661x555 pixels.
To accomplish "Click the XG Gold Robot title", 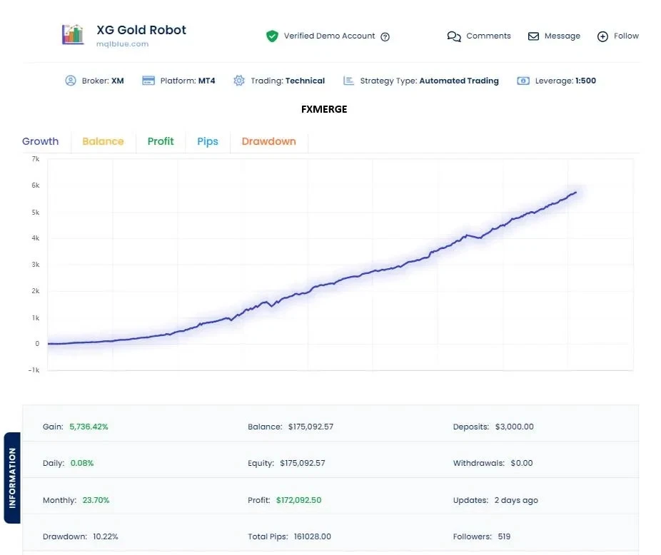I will pyautogui.click(x=141, y=30).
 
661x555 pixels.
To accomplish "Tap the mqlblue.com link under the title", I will pyautogui.click(x=122, y=44).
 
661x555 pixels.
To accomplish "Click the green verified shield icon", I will pyautogui.click(x=272, y=36).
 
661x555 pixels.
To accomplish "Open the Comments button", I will pyautogui.click(x=479, y=36).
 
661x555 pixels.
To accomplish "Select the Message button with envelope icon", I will pyautogui.click(x=554, y=36).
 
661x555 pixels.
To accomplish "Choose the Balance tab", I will pyautogui.click(x=103, y=141).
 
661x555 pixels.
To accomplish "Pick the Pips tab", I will pyautogui.click(x=208, y=141).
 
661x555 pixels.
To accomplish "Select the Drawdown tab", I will pyautogui.click(x=268, y=141).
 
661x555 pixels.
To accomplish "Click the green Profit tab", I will pyautogui.click(x=161, y=141).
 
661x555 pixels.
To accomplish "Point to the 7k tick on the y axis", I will pyautogui.click(x=35, y=159).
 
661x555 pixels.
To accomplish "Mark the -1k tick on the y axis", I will pyautogui.click(x=33, y=370).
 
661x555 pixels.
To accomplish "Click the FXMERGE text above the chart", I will pyautogui.click(x=324, y=109).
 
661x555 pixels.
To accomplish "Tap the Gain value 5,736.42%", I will pyautogui.click(x=89, y=427).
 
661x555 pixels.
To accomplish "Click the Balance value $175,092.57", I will pyautogui.click(x=311, y=427).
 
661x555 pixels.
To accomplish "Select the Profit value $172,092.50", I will pyautogui.click(x=298, y=500).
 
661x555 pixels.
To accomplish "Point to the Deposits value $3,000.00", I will pyautogui.click(x=514, y=427).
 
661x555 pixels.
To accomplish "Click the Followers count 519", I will pyautogui.click(x=504, y=536).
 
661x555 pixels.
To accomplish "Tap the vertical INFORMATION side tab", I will pyautogui.click(x=12, y=478).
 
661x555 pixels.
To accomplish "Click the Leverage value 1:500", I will pyautogui.click(x=585, y=81).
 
